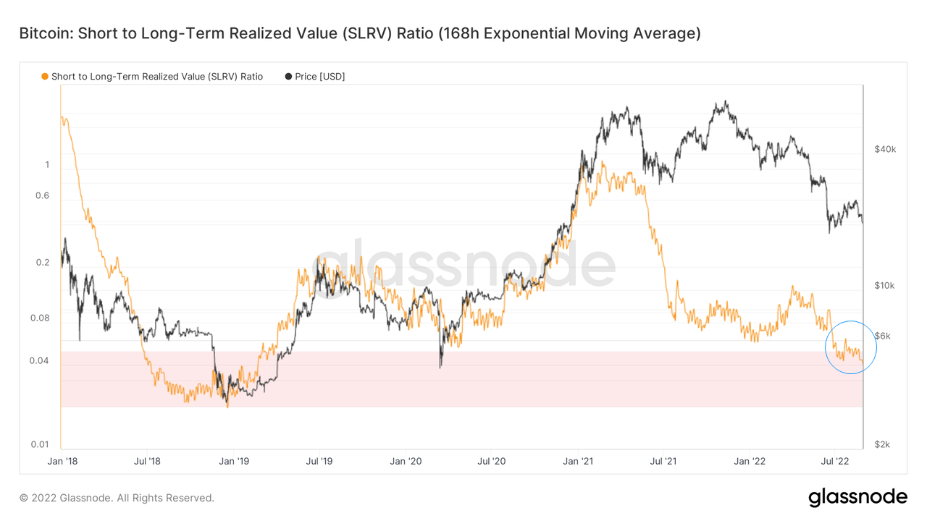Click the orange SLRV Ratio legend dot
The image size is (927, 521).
click(x=45, y=76)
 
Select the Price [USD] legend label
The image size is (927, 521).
click(x=319, y=76)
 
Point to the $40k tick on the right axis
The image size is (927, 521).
click(x=884, y=149)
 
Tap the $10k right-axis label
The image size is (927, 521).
click(x=884, y=285)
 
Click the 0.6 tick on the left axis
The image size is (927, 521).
click(x=43, y=195)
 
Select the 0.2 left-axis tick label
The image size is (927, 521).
click(x=43, y=263)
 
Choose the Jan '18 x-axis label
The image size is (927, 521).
click(x=63, y=461)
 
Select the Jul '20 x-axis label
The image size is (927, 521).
click(x=492, y=461)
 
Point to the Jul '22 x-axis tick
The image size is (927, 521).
click(x=835, y=461)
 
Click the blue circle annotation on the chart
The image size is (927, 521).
click(x=851, y=347)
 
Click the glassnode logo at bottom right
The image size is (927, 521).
click(x=857, y=497)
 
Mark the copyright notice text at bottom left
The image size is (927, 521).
click(x=117, y=498)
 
